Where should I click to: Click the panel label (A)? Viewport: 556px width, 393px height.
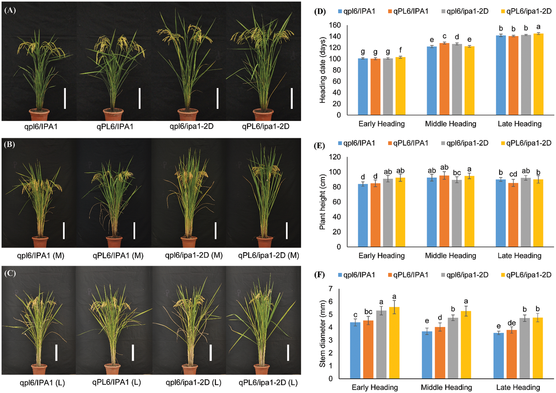(10, 11)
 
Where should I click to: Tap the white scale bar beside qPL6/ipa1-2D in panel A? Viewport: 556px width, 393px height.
(292, 98)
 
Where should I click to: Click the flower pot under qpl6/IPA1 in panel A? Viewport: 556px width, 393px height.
(39, 114)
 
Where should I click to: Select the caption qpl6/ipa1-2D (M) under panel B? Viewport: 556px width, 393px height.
(194, 255)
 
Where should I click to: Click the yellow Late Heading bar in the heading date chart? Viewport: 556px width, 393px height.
(538, 74)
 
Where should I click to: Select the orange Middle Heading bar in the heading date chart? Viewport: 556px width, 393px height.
(444, 79)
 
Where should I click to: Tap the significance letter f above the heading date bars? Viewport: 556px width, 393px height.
(400, 50)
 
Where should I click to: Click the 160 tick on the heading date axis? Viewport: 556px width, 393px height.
(335, 25)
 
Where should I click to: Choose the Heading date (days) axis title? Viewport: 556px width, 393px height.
(323, 70)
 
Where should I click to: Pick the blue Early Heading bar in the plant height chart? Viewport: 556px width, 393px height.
(363, 215)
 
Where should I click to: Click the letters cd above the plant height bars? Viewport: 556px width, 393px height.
(513, 174)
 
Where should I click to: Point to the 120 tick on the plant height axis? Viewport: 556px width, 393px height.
(335, 157)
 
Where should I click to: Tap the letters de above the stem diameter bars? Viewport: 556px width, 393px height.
(512, 323)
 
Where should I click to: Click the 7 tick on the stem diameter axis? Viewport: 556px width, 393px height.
(331, 289)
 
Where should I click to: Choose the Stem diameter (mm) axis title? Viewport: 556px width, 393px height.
(322, 334)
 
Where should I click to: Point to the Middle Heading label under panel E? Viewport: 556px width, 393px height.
(450, 256)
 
